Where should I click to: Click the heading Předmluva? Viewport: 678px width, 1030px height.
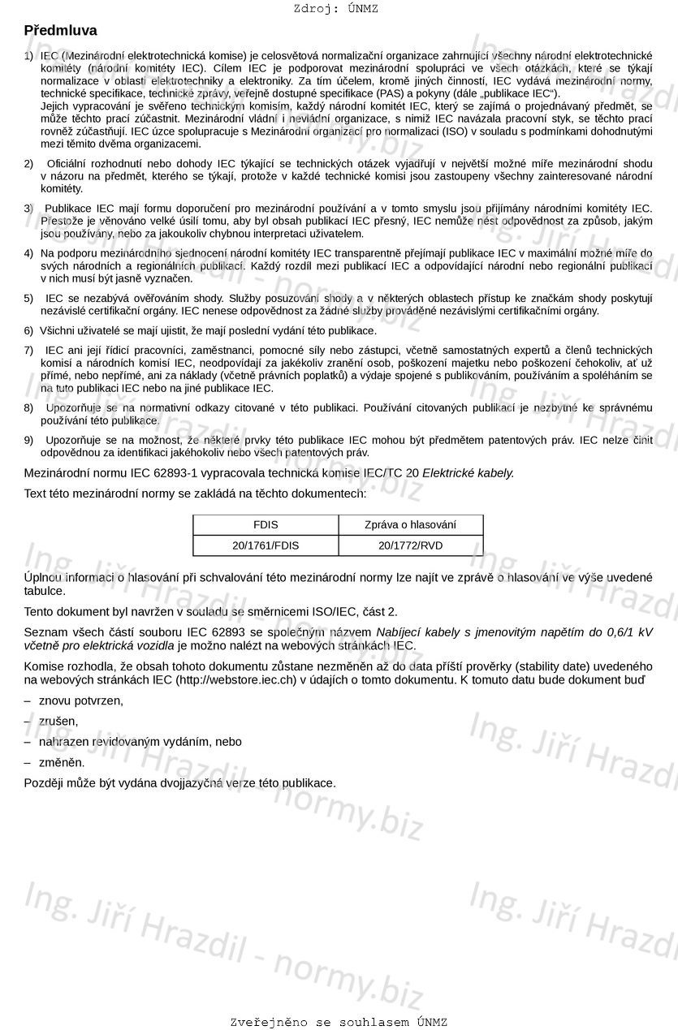pos(60,31)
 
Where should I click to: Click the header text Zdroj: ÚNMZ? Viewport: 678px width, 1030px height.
pos(335,9)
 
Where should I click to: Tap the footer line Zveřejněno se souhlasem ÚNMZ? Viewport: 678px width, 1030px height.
pos(339,1022)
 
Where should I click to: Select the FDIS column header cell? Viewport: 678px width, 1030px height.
pos(266,525)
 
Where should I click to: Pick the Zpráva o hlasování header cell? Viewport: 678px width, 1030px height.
pos(410,525)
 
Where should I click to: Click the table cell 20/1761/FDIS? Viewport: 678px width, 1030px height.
pos(266,545)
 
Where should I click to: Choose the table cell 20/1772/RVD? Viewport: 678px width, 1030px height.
pos(410,545)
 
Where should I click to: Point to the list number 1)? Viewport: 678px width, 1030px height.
pos(29,56)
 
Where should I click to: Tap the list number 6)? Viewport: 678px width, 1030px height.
pos(29,331)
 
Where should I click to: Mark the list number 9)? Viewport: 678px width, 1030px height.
pos(29,440)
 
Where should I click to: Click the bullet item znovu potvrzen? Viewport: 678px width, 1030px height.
pos(81,700)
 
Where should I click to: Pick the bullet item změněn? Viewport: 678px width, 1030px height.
pos(62,762)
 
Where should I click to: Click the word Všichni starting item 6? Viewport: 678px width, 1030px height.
pos(58,331)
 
